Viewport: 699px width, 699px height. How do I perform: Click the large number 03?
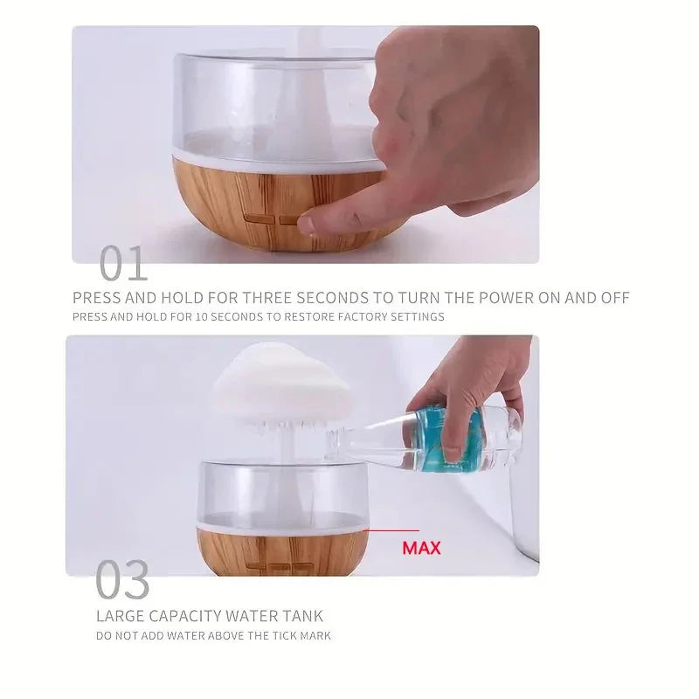(122, 580)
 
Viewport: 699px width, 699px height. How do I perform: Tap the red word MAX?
(421, 549)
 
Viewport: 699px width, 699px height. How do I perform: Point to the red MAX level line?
(391, 529)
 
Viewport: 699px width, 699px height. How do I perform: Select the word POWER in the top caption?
(496, 298)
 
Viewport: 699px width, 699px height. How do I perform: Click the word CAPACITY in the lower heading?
(180, 617)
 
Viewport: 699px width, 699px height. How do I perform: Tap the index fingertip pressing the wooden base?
(307, 225)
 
